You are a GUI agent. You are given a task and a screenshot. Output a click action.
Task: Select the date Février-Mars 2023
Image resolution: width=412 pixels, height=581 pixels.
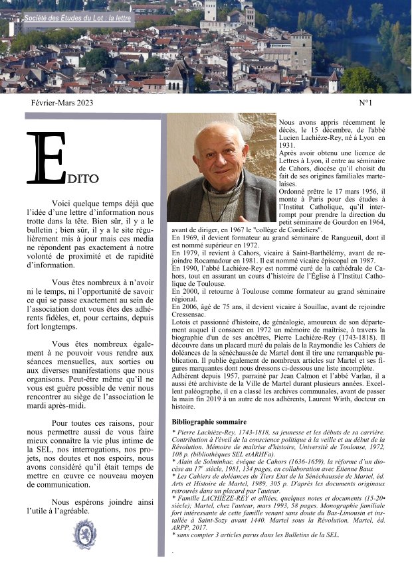(62, 103)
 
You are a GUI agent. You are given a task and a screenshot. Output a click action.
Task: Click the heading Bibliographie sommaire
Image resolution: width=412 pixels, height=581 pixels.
(209, 422)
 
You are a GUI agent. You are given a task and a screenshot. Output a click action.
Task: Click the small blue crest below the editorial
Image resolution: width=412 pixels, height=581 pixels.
(84, 535)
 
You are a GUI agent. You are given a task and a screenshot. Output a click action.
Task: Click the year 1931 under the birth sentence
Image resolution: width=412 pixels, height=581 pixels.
(287, 145)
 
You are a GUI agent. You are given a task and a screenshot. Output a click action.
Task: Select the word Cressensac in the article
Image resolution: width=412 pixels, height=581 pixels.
(191, 314)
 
